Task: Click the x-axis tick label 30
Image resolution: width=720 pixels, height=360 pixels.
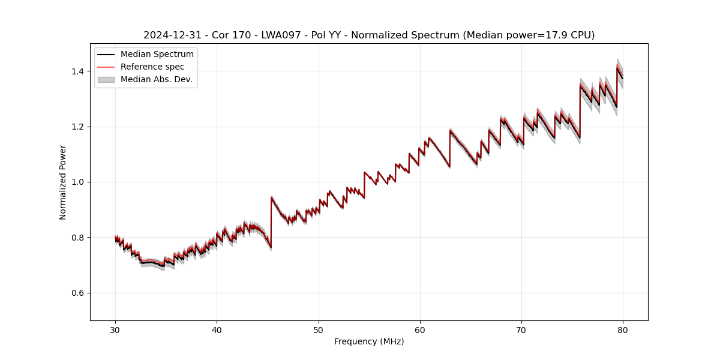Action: click(115, 329)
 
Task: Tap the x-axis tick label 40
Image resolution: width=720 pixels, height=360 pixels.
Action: click(217, 329)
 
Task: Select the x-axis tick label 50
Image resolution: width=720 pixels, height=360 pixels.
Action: click(319, 329)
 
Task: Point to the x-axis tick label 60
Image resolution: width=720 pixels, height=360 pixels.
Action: click(420, 329)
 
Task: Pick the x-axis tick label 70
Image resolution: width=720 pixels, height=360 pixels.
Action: click(521, 329)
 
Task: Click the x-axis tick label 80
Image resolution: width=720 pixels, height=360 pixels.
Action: click(623, 329)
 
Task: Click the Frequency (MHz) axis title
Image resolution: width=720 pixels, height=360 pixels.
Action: click(369, 341)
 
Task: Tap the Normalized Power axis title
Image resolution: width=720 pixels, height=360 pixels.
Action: click(63, 182)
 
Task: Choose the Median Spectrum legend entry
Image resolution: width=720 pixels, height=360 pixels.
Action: click(157, 55)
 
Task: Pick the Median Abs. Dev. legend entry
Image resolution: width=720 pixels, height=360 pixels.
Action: click(156, 79)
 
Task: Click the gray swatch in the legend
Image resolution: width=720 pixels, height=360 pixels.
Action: click(106, 79)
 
